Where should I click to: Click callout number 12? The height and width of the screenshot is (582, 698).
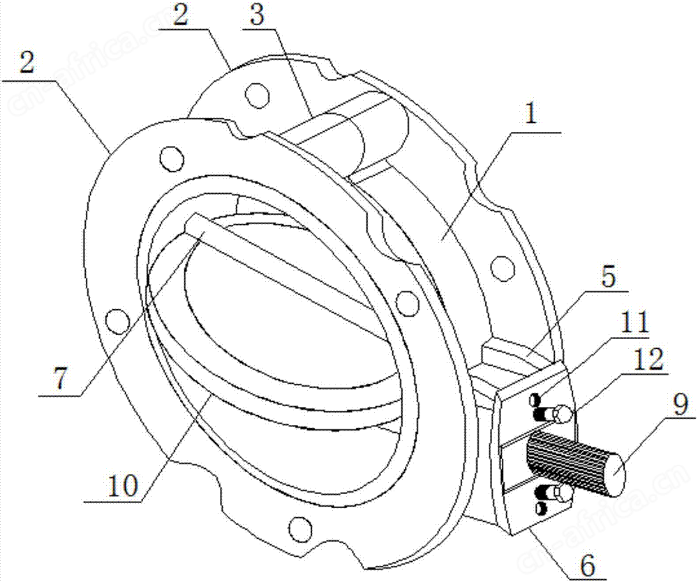[648, 359]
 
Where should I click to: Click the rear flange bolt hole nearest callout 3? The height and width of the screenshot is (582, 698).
[258, 95]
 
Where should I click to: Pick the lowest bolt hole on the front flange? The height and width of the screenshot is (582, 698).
[299, 528]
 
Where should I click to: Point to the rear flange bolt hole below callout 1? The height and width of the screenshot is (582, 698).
[502, 268]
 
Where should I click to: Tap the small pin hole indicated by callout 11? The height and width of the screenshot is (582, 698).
[534, 399]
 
